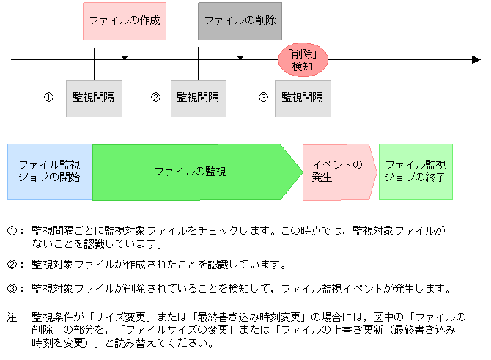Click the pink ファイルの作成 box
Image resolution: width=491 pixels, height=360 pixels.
(x=125, y=21)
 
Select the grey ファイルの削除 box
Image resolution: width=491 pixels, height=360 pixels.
(x=240, y=21)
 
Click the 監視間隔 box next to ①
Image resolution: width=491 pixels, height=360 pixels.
(x=94, y=98)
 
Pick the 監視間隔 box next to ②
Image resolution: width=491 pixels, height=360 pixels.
(x=199, y=98)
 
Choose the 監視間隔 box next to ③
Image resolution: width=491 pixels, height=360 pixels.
(x=302, y=98)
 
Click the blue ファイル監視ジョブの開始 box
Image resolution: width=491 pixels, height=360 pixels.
(x=50, y=172)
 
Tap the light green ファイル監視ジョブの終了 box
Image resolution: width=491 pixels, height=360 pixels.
(x=416, y=172)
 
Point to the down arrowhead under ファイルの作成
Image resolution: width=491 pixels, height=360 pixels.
(x=125, y=56)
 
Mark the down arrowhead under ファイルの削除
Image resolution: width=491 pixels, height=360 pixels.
(x=240, y=56)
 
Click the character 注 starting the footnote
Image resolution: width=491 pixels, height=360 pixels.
(x=12, y=318)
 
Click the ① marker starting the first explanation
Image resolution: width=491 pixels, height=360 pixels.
(x=12, y=230)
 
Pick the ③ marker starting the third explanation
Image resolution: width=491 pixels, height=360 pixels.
(x=12, y=289)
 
